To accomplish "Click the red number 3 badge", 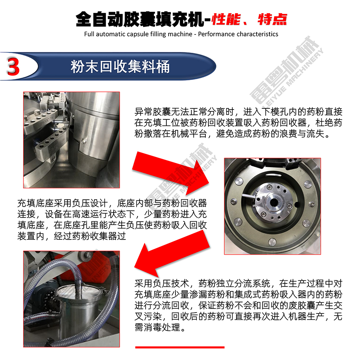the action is (x=13, y=67).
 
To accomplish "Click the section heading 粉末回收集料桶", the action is (x=120, y=67).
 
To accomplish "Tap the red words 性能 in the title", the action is (x=226, y=19).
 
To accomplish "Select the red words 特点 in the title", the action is (x=272, y=19).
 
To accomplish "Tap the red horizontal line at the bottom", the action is (x=180, y=347).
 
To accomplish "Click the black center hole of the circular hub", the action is (x=274, y=202).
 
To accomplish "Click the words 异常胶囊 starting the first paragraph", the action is (x=152, y=112).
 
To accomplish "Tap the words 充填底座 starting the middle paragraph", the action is (x=35, y=203).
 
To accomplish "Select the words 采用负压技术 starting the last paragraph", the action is (x=162, y=283).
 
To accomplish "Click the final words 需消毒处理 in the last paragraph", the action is (x=157, y=327).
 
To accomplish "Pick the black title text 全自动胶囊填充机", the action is (x=140, y=19).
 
